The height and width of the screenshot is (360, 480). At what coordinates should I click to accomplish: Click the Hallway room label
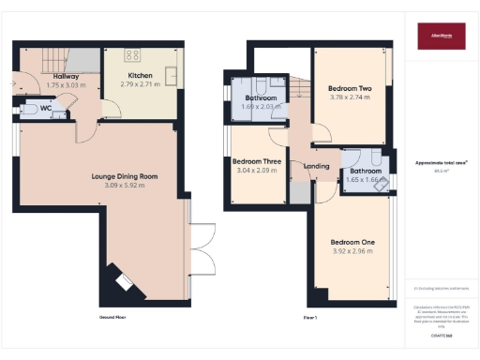(66, 76)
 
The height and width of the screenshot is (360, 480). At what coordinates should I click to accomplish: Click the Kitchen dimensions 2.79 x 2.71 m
(140, 85)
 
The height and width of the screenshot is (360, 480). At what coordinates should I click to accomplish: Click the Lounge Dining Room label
(125, 176)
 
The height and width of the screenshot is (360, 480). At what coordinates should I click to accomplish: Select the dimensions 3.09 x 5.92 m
(125, 186)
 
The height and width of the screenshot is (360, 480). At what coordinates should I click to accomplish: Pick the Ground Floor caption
(112, 318)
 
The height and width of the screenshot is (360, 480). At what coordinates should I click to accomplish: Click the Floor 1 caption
(309, 318)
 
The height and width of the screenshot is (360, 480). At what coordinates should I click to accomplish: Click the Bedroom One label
(353, 243)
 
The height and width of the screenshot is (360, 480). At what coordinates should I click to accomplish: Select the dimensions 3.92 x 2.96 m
(353, 252)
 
